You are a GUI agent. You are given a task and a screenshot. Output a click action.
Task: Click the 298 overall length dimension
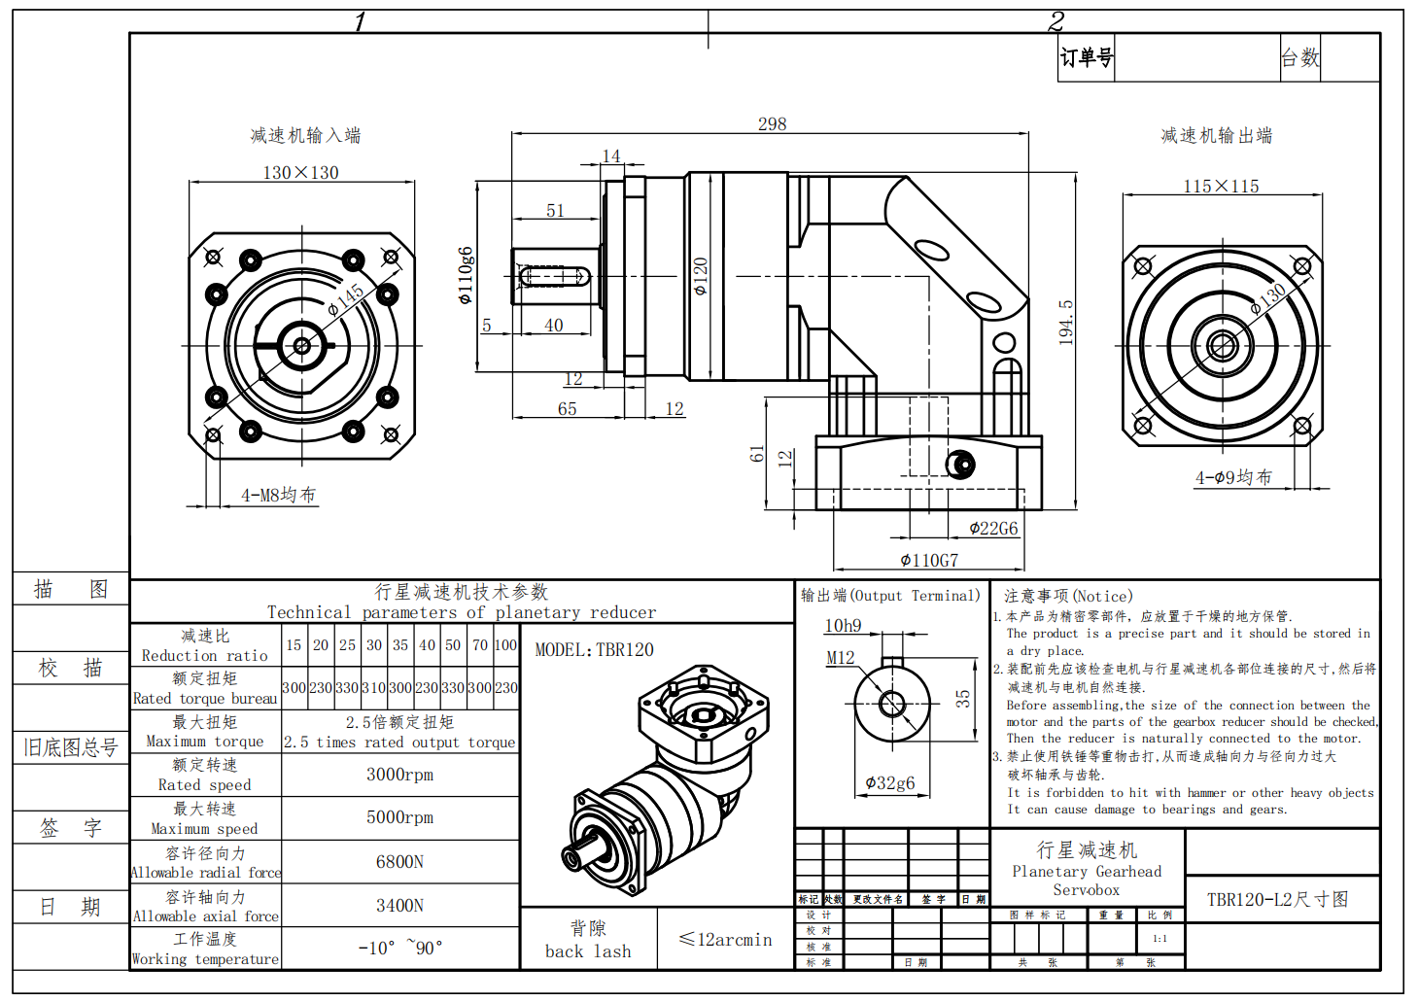click(772, 124)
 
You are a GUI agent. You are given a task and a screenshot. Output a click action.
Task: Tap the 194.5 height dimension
click(1066, 322)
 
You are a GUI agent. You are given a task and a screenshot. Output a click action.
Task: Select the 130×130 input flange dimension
click(300, 173)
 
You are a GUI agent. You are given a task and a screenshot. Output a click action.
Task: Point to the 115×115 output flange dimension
click(1221, 187)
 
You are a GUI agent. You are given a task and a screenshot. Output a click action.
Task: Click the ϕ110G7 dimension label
click(929, 561)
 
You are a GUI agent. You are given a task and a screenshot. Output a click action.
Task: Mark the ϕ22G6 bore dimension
click(993, 529)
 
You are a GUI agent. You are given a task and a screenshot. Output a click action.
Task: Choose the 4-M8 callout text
click(278, 496)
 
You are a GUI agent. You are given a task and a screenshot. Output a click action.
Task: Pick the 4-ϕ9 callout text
click(1233, 478)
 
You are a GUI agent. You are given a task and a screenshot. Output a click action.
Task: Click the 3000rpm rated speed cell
click(399, 775)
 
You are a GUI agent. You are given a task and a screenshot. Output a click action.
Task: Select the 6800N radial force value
click(399, 862)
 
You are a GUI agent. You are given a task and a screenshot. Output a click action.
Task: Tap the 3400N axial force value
click(399, 906)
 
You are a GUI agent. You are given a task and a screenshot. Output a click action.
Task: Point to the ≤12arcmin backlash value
click(725, 940)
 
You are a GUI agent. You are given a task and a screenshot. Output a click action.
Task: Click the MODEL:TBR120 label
click(594, 650)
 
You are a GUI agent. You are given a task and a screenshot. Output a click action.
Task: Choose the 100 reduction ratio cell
click(505, 645)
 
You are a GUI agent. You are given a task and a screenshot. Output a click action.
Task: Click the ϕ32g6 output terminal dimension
click(889, 783)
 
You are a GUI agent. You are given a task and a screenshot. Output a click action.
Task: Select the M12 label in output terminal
click(840, 658)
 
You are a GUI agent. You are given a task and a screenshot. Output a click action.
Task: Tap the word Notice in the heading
click(1102, 597)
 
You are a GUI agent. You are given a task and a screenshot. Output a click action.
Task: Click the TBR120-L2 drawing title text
click(1277, 900)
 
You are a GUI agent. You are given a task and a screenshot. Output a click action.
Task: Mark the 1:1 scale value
click(1159, 939)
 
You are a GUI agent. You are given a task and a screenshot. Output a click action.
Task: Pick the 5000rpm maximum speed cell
click(399, 817)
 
